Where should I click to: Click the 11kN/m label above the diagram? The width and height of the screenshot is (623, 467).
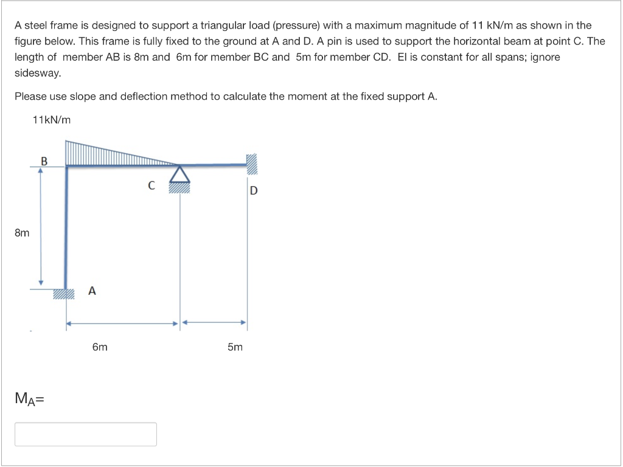pos(51,120)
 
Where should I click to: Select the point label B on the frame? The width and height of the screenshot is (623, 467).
pos(43,161)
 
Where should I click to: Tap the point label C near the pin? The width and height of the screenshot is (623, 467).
pos(151,185)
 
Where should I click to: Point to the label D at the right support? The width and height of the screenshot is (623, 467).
pos(254,190)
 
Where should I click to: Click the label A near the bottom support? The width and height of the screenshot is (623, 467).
pos(91,291)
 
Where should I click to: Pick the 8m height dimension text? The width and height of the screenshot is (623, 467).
pos(22,232)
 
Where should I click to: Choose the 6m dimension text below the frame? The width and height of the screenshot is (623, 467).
pos(100,347)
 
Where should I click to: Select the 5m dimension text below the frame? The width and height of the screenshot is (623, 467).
pos(235,347)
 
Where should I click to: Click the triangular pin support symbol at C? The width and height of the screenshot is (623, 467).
pos(179,175)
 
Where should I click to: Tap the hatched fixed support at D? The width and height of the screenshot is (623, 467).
pos(252,164)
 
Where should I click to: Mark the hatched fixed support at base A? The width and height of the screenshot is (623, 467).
pos(63,294)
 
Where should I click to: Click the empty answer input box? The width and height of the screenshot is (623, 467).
pos(86,434)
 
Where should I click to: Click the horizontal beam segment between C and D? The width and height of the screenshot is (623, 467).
pos(213,165)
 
